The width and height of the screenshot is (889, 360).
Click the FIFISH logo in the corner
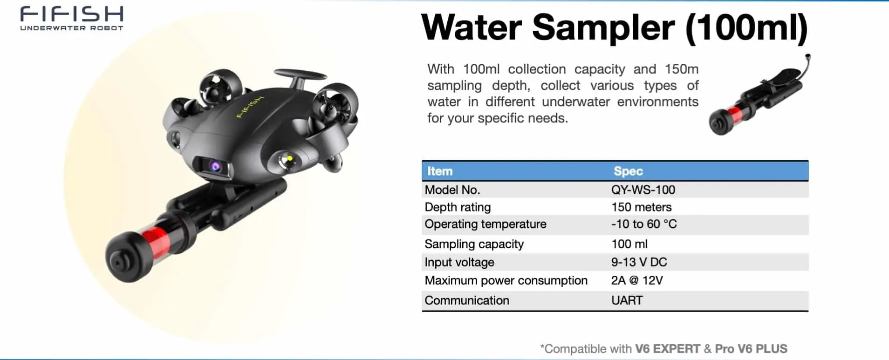72,18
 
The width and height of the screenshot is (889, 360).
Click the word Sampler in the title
603,28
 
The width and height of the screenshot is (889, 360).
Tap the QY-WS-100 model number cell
643,190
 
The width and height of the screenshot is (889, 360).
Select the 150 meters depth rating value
641,207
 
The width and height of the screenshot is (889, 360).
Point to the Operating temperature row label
485,224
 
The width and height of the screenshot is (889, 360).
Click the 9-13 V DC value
639,262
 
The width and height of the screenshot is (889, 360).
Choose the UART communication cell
627,300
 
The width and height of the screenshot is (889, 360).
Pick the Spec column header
628,171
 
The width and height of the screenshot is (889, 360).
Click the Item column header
440,171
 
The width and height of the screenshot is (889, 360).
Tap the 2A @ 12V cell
636,280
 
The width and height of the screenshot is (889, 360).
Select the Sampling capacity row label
474,244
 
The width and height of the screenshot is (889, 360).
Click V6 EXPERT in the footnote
668,349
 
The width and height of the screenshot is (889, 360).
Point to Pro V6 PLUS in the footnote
751,349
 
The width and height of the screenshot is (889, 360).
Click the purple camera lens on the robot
215,166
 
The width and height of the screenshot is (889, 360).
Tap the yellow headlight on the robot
289,159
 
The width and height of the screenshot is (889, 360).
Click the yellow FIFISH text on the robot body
250,107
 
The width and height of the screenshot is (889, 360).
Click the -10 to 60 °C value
643,224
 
